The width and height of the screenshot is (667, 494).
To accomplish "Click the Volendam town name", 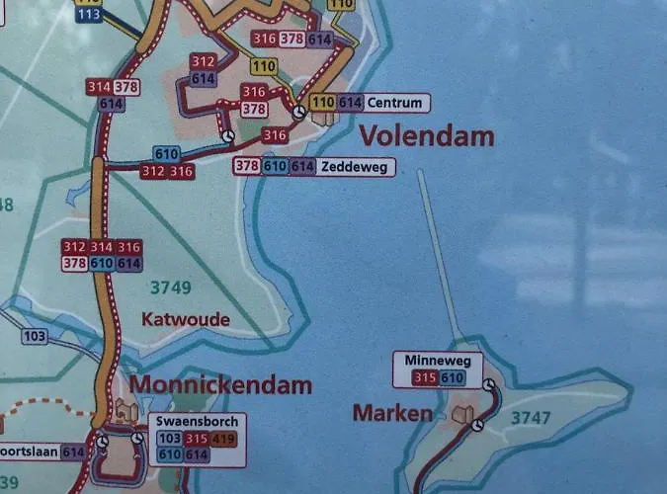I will [426, 136].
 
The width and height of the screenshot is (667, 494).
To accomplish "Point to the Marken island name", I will [391, 413].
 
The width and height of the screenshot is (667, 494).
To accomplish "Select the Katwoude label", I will [186, 319].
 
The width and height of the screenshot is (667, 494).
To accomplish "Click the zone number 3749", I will [170, 288].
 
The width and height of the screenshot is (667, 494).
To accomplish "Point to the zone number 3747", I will [531, 418].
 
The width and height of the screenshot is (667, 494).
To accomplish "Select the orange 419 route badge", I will [223, 438].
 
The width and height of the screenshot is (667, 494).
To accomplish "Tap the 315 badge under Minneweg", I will [424, 377].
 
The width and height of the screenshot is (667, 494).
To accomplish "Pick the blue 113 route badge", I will [88, 15].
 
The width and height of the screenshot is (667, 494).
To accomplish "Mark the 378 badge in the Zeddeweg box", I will [247, 167].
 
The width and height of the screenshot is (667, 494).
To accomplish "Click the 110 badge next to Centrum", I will [322, 102].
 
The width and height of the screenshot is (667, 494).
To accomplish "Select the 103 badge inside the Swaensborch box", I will [168, 438].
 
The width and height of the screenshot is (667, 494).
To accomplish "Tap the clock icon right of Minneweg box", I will [489, 382].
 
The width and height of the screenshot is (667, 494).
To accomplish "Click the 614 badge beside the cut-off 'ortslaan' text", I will [72, 452].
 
